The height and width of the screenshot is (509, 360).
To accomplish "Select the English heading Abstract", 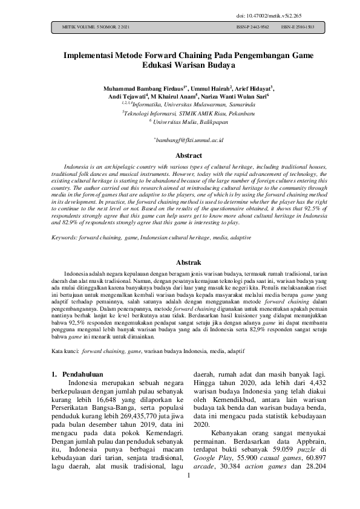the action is [x=180, y=155].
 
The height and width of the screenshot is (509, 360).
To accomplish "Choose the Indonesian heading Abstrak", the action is [x=180, y=263].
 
